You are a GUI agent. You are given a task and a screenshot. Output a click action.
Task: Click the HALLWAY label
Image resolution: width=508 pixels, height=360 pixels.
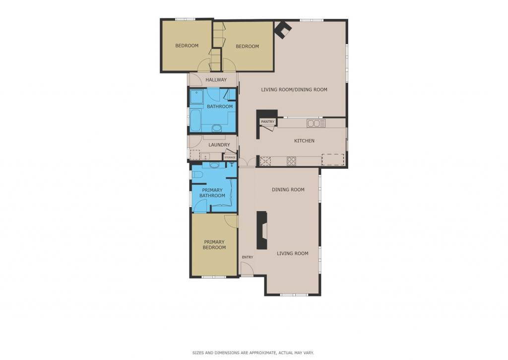coord(216,80)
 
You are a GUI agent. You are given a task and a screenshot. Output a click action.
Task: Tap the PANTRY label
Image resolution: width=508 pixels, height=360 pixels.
coord(267,122)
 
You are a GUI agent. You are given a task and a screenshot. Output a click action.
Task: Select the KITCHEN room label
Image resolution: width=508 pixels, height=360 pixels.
coord(304,141)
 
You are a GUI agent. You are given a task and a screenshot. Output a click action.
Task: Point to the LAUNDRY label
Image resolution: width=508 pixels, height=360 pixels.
coord(219,145)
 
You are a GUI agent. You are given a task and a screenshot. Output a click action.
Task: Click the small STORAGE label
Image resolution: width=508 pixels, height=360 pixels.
coord(230,157)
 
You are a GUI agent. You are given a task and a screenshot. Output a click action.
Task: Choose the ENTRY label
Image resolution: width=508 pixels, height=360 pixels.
coord(248,257)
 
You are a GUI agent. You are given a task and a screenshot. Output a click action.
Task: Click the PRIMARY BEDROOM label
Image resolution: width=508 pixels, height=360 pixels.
coord(214,244)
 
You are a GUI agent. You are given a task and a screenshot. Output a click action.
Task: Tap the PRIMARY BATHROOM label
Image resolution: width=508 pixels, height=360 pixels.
coord(212,193)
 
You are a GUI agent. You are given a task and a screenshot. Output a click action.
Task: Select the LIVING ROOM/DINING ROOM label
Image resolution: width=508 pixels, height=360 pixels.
coord(294,89)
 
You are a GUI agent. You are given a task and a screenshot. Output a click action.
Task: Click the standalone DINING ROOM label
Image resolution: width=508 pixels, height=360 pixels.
coord(288,190)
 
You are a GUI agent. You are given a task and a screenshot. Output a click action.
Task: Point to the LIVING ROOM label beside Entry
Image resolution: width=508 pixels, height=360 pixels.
coord(293,253)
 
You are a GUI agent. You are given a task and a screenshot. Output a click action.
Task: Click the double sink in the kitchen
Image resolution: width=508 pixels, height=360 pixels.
coord(316,123)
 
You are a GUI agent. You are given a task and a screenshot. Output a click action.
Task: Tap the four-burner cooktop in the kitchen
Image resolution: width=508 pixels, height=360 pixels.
coord(291,161)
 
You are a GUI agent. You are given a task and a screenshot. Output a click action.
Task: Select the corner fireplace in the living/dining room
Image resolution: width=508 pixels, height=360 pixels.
coord(282,30)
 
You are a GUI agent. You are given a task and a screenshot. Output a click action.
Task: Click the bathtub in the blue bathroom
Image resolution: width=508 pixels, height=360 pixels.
coord(195,121)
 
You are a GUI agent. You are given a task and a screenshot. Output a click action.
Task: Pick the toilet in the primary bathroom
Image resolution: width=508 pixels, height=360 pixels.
coord(197,175)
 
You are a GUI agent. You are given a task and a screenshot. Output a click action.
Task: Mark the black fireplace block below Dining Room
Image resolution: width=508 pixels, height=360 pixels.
coord(262,230)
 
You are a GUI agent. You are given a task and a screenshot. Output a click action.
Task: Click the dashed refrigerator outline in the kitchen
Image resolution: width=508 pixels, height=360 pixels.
coord(333,160)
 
